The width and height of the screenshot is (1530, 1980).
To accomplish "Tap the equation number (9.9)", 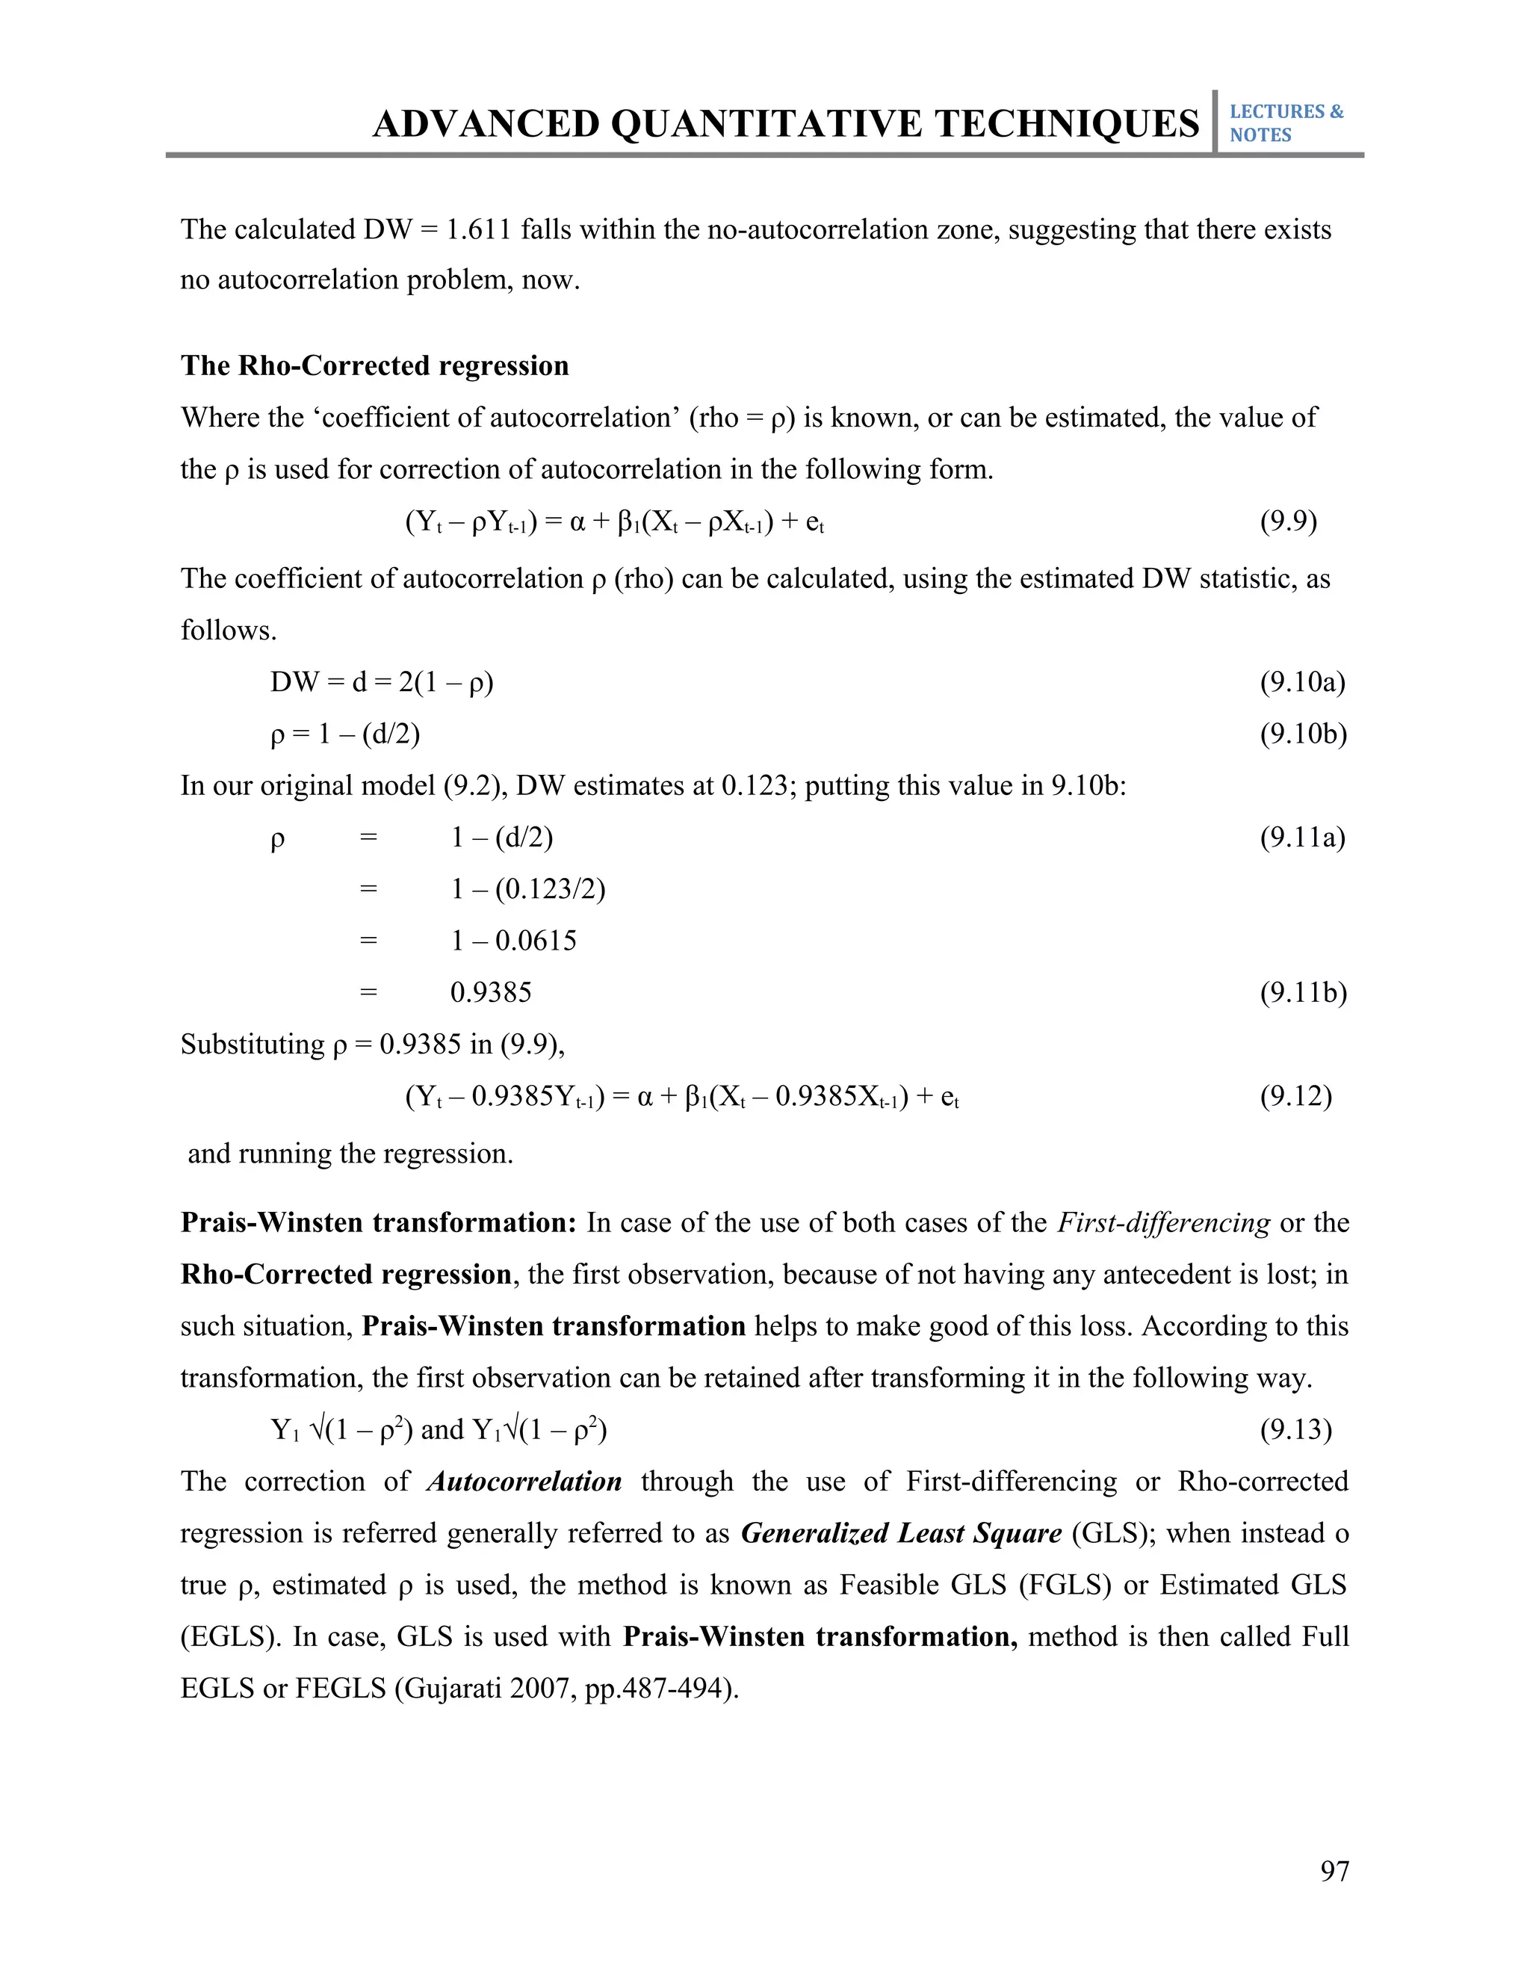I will click(x=1288, y=522).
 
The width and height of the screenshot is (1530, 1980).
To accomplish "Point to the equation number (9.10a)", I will click(x=1302, y=681).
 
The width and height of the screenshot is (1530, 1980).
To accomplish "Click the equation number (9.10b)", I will click(x=1302, y=734).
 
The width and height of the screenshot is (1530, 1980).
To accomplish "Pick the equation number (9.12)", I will click(x=1295, y=1096).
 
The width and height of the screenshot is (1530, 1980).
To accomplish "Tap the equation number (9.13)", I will click(x=1295, y=1429).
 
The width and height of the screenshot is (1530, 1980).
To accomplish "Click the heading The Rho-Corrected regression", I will click(x=374, y=365).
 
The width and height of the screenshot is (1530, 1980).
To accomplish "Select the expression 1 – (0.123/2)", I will click(x=527, y=888).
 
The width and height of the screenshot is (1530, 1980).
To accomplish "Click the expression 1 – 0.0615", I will click(x=513, y=940).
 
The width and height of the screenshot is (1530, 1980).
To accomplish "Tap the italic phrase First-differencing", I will click(x=1164, y=1223).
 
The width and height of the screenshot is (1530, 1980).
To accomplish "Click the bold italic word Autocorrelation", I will click(x=524, y=1482).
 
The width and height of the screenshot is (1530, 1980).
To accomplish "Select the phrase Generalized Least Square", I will click(x=901, y=1533).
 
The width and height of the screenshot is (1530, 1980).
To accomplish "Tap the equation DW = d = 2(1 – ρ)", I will click(x=382, y=681).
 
